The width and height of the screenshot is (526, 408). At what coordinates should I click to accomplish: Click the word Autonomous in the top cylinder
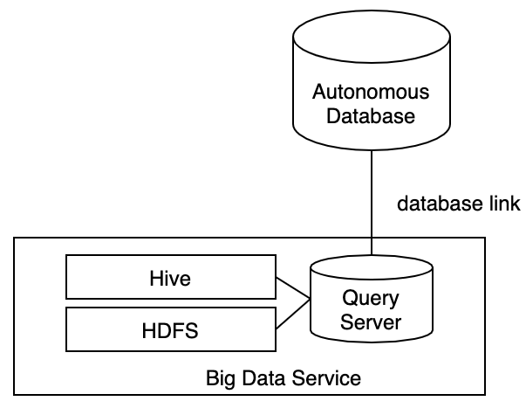372,92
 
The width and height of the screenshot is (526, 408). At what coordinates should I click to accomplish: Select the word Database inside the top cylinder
372,114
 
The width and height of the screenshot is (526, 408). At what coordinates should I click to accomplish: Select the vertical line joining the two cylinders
372,201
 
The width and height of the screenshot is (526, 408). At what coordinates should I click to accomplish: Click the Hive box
170,279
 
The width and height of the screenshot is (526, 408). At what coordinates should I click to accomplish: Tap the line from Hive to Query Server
293,288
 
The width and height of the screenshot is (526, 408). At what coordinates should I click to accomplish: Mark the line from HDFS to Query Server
293,315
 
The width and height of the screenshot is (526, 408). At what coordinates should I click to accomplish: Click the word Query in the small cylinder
371,299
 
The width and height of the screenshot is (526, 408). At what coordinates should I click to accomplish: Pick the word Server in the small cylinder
371,322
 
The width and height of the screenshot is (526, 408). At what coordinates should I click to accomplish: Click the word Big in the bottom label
220,379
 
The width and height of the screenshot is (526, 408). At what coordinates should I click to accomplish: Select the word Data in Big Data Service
260,379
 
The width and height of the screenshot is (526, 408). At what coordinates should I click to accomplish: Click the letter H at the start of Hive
155,279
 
